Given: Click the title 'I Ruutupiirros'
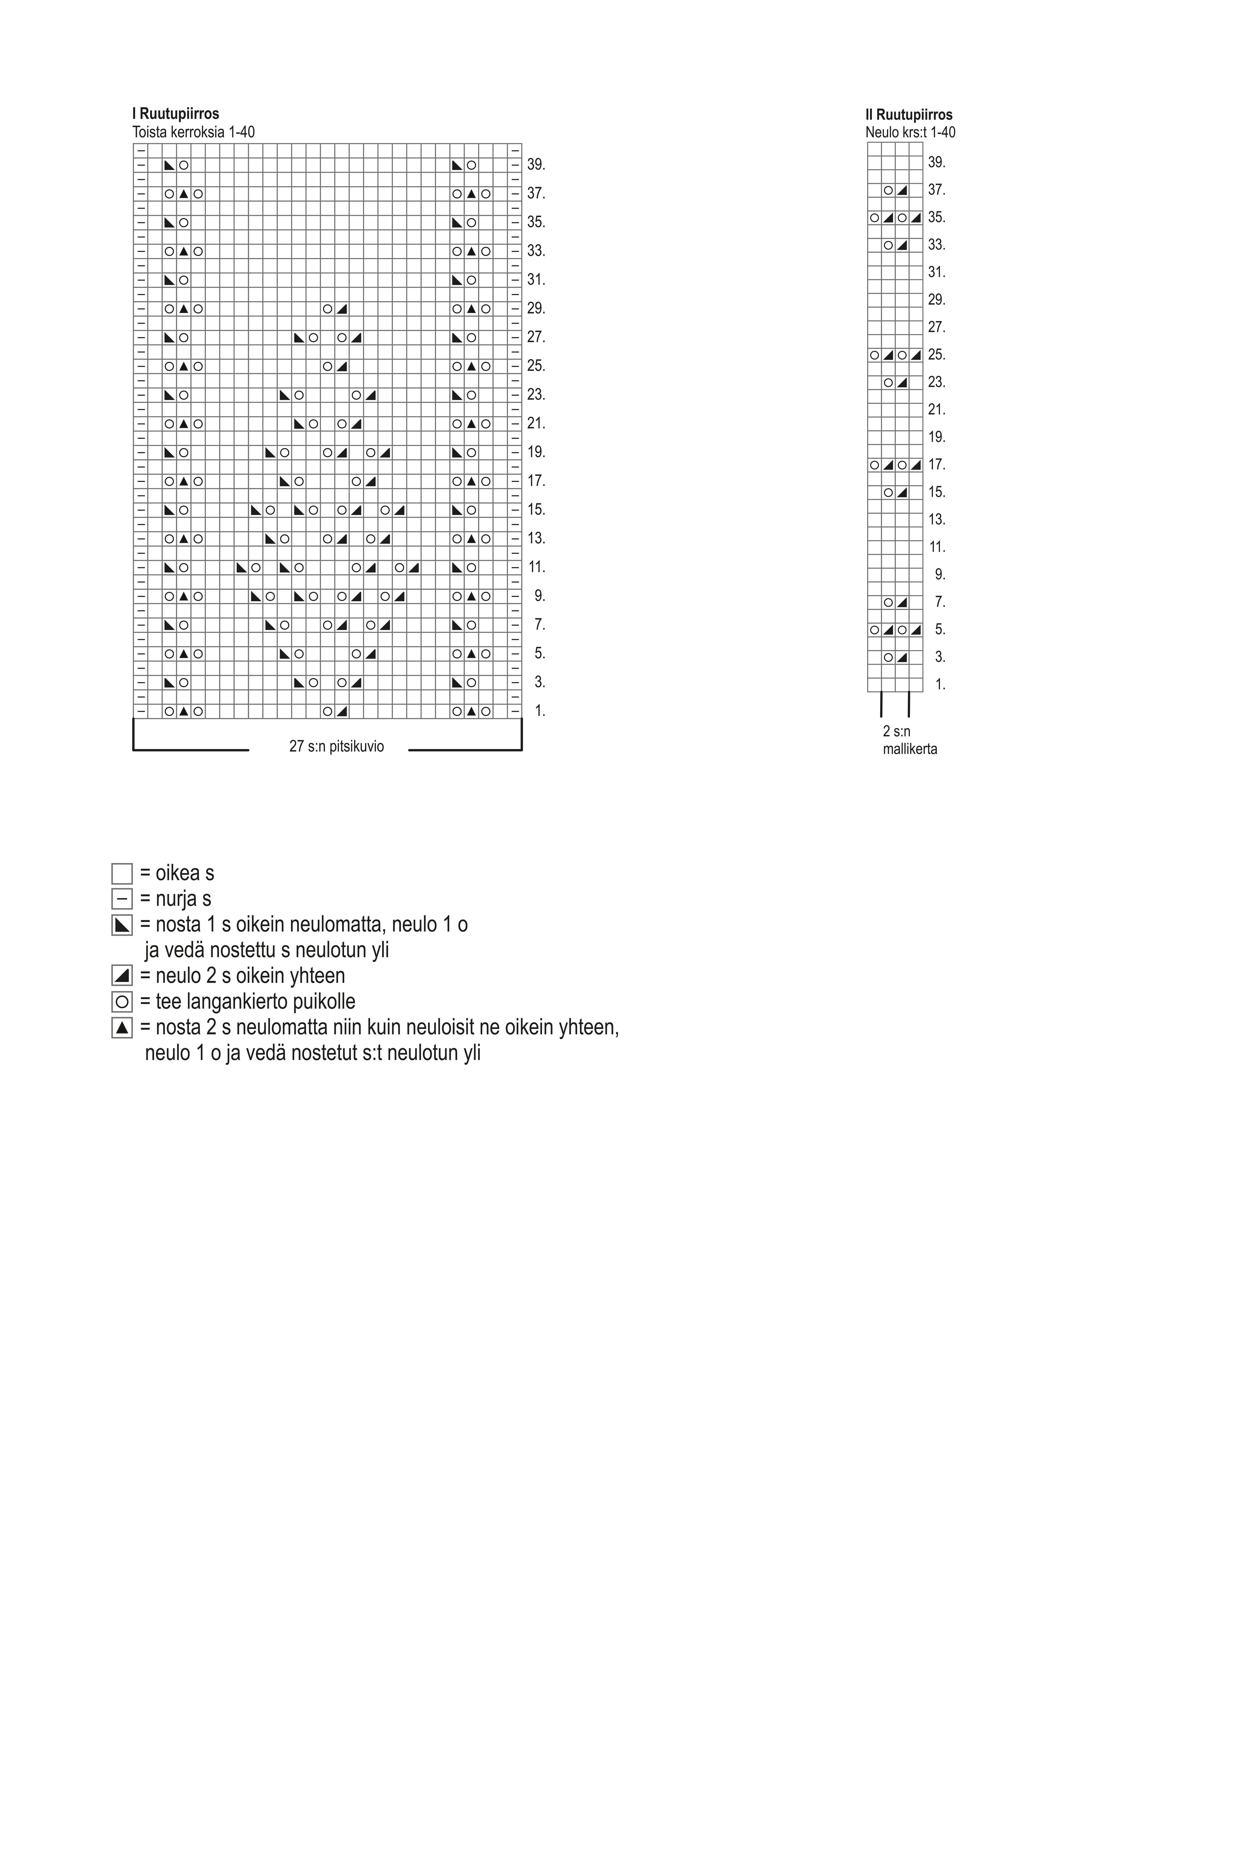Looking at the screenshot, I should [x=175, y=114].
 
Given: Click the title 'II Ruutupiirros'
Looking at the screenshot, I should [x=909, y=114].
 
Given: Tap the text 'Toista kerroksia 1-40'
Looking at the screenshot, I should [x=193, y=132].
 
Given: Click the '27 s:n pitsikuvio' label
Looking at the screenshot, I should [x=336, y=746].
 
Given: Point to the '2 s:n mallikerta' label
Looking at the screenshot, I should [x=910, y=740].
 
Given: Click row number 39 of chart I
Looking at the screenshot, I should [x=536, y=165].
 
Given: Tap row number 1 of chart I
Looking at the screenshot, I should [x=539, y=711].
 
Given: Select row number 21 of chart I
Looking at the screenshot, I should [x=536, y=423].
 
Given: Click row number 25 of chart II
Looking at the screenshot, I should [x=936, y=355].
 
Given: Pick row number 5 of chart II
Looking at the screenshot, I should [x=940, y=629].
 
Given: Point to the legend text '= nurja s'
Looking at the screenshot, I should [x=175, y=899].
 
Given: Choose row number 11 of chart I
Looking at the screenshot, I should [x=536, y=567].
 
